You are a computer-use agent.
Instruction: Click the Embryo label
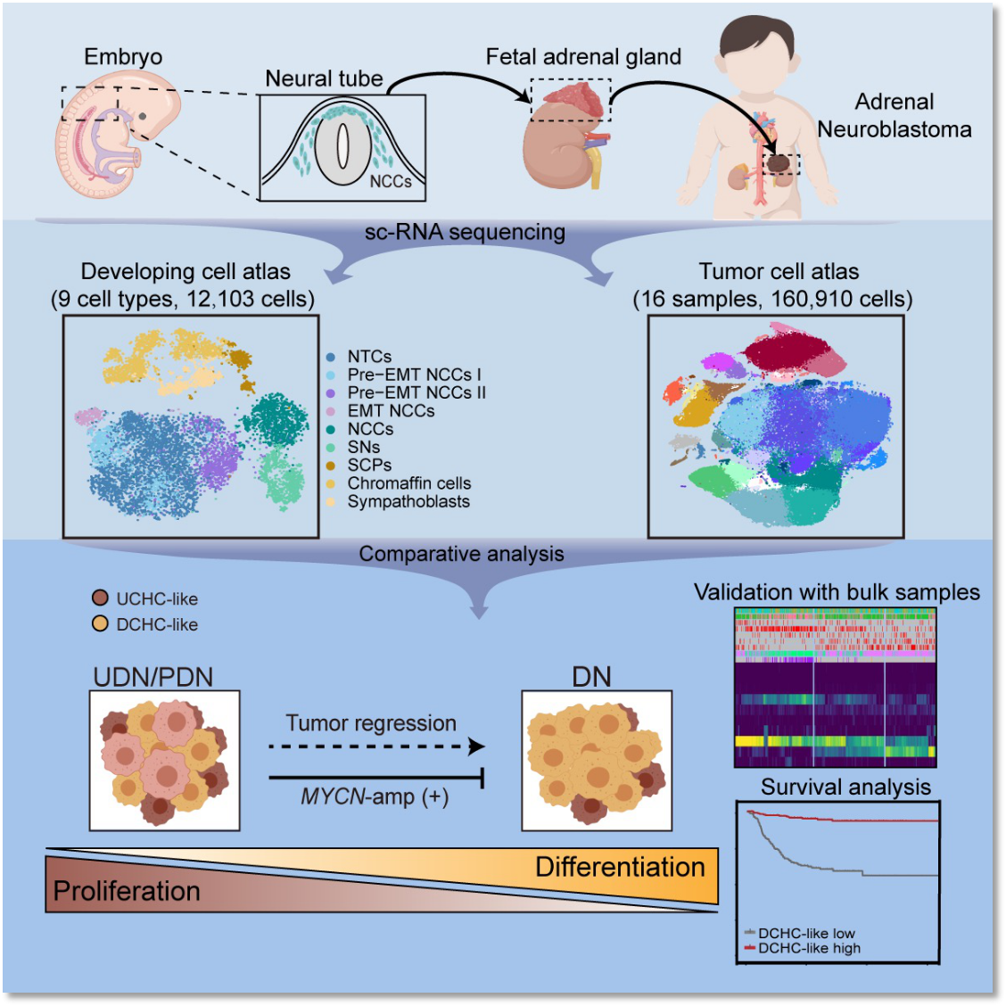coord(123,58)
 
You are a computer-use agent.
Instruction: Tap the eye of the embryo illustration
coord(142,116)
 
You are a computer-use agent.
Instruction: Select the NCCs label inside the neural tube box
coord(390,182)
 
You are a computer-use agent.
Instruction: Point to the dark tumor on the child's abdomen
coord(779,163)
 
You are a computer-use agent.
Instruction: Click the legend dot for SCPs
coord(330,466)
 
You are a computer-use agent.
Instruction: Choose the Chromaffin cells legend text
coord(409,483)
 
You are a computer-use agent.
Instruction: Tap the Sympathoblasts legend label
coord(408,502)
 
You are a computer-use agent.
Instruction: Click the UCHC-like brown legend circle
coord(100,598)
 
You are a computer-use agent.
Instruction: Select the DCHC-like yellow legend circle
coord(100,623)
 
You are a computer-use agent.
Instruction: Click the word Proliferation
coord(127,891)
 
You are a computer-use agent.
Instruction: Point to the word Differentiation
coord(621,868)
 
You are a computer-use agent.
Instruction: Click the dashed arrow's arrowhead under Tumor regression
coord(476,746)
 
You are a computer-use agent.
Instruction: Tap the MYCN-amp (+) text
coord(375,797)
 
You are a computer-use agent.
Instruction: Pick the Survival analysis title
coord(845,787)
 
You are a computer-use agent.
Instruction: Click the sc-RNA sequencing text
coord(466,232)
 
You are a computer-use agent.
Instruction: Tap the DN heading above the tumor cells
coord(591,677)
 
